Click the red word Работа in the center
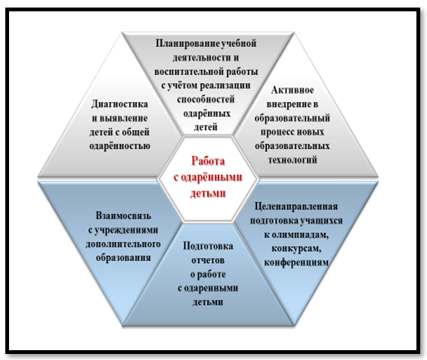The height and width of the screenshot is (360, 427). (208, 161)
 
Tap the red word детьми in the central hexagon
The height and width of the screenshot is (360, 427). (208, 193)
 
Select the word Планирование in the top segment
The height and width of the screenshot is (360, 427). (187, 44)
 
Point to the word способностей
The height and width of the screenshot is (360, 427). (206, 99)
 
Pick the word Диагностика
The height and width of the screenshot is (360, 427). (119, 104)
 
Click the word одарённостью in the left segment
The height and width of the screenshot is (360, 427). (120, 145)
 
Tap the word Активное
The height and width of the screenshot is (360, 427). (292, 90)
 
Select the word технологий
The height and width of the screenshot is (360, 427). (292, 160)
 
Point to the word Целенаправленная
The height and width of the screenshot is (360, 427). (296, 206)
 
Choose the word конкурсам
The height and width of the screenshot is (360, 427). (296, 249)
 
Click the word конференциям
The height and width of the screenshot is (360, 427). (296, 262)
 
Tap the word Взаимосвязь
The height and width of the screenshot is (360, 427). (123, 216)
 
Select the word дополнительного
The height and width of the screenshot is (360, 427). (123, 244)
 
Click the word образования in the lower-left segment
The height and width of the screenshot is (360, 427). (123, 258)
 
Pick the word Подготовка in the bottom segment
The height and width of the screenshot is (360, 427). (208, 247)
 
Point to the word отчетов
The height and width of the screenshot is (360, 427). (208, 260)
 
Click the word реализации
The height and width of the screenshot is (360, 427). (225, 85)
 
